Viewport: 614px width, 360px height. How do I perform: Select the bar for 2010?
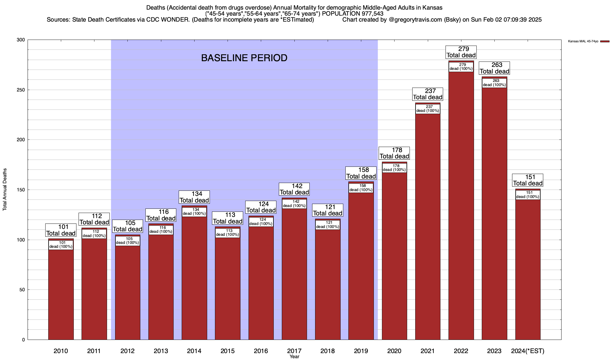61,294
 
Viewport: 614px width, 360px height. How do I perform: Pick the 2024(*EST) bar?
528,270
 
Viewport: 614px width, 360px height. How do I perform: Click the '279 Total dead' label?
461,52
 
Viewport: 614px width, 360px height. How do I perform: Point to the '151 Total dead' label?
528,180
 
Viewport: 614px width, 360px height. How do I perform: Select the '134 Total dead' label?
194,197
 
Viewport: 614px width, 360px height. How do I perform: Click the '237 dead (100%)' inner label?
428,109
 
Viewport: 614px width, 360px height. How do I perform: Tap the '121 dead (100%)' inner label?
328,225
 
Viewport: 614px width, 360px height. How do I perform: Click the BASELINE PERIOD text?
244,58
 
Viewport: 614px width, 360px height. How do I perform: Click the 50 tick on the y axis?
22,290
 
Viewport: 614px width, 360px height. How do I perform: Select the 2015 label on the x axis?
228,351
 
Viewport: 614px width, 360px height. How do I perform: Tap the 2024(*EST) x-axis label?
528,351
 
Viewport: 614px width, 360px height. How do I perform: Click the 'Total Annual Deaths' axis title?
5,190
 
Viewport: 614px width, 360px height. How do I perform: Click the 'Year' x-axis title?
294,357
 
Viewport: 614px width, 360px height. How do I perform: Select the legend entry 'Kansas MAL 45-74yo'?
583,41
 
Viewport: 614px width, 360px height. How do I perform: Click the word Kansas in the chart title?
433,8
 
